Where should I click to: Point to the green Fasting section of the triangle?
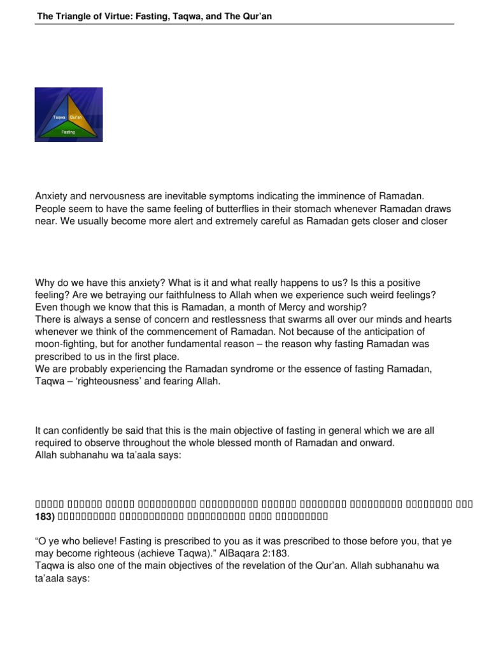pos(68,132)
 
